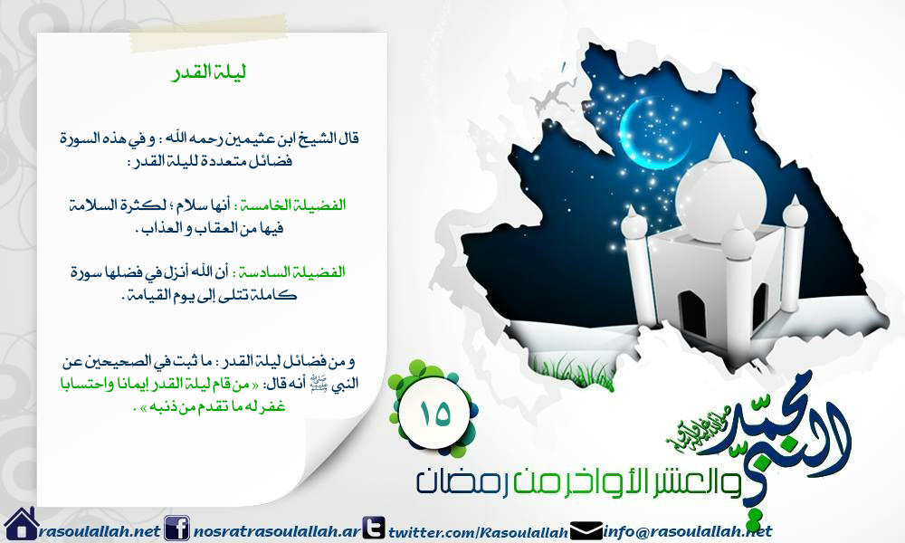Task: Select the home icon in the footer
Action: coord(19,524)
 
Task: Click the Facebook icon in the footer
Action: coord(177,527)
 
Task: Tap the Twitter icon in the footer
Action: coord(373,527)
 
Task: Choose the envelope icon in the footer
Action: coord(586,528)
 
